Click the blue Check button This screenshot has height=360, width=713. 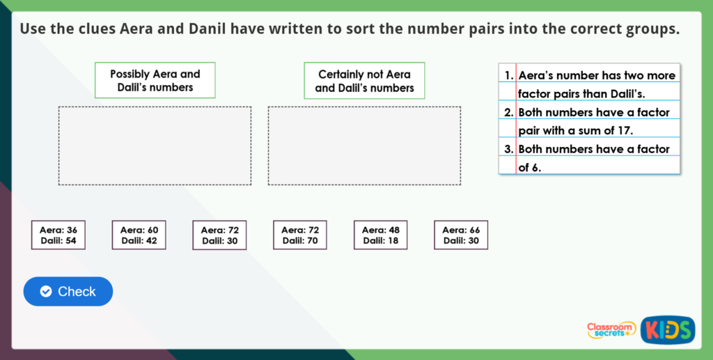(68, 291)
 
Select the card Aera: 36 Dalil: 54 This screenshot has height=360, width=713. (58, 235)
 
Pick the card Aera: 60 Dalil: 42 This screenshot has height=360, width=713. (139, 235)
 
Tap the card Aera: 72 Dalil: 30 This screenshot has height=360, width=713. (219, 235)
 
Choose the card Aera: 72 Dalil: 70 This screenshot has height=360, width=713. (300, 235)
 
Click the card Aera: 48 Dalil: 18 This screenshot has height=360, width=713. (380, 235)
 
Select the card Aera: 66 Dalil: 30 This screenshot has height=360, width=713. (461, 235)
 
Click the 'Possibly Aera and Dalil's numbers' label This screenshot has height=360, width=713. (155, 81)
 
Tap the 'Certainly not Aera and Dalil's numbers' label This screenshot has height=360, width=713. (364, 81)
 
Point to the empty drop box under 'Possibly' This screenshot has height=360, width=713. (155, 146)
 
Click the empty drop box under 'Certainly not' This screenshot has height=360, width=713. (364, 146)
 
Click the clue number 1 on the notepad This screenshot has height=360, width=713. (508, 75)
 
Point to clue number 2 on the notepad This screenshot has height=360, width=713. (508, 112)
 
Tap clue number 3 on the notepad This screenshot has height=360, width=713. (508, 149)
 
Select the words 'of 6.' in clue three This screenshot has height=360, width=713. (530, 167)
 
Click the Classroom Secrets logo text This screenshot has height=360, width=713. (611, 329)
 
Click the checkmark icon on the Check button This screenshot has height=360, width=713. (46, 291)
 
